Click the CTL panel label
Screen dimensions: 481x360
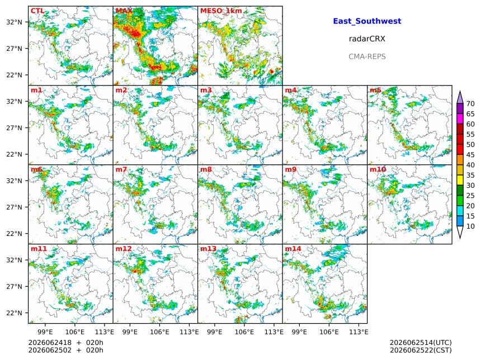[x=37, y=11]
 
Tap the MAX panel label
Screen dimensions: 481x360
[x=124, y=11]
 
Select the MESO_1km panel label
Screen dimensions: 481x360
[x=221, y=11]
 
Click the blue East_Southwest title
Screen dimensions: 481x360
[x=367, y=21]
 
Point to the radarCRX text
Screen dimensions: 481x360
[x=367, y=39]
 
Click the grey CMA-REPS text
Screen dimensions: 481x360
[x=367, y=56]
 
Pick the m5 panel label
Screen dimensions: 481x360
[x=375, y=90]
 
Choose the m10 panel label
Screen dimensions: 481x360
[x=378, y=169]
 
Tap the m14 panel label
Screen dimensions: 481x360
[x=293, y=249]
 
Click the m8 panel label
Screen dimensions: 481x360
[x=206, y=169]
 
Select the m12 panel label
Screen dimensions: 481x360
[x=123, y=249]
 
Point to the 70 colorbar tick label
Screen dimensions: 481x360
[x=470, y=104]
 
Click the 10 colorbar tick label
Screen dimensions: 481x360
[x=470, y=226]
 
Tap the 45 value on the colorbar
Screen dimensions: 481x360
[x=470, y=155]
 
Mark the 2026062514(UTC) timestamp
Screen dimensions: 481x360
[x=421, y=343]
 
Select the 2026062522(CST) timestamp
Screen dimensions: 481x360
[x=421, y=350]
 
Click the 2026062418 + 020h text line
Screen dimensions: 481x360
[x=65, y=343]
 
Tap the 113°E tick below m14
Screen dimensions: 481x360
[x=359, y=332]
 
